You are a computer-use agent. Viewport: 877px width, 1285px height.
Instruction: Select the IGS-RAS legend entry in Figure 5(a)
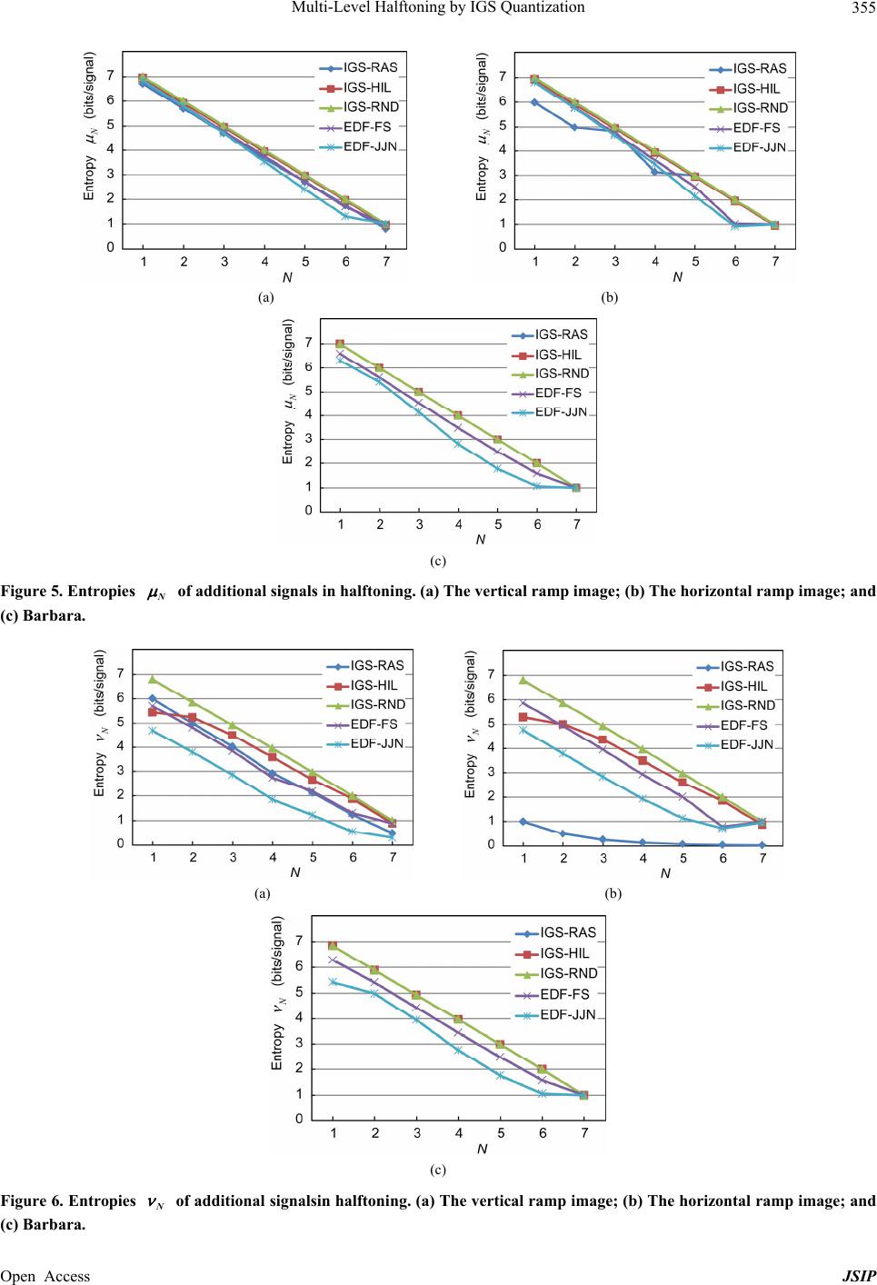pyautogui.click(x=369, y=67)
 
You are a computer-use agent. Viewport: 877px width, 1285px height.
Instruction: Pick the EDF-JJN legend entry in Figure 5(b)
pyautogui.click(x=759, y=147)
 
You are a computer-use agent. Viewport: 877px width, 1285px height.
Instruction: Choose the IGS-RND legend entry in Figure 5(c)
pyautogui.click(x=561, y=374)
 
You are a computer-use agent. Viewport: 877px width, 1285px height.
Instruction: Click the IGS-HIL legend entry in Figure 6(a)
pyautogui.click(x=373, y=685)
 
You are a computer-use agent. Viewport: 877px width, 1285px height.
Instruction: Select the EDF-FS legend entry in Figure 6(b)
pyautogui.click(x=742, y=725)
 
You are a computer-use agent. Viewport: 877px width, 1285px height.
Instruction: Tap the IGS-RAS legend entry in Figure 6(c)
pyautogui.click(x=567, y=932)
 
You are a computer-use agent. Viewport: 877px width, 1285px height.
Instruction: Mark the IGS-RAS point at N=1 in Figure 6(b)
pyautogui.click(x=523, y=822)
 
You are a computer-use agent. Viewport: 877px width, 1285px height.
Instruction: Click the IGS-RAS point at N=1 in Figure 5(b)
pyautogui.click(x=535, y=102)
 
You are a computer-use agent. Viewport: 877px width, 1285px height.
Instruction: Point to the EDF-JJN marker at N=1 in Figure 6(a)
pyautogui.click(x=153, y=731)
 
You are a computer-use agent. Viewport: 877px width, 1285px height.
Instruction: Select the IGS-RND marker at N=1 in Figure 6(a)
pyautogui.click(x=153, y=679)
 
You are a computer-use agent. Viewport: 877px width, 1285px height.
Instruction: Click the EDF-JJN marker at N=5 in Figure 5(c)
pyautogui.click(x=498, y=468)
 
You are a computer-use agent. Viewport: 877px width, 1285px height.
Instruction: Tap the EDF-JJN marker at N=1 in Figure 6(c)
pyautogui.click(x=334, y=981)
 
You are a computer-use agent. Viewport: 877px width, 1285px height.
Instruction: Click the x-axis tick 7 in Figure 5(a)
pyautogui.click(x=385, y=262)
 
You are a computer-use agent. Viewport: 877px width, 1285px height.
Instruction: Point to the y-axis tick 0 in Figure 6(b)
pyautogui.click(x=492, y=845)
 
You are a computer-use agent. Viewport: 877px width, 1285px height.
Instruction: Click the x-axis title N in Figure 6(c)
pyautogui.click(x=483, y=1149)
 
